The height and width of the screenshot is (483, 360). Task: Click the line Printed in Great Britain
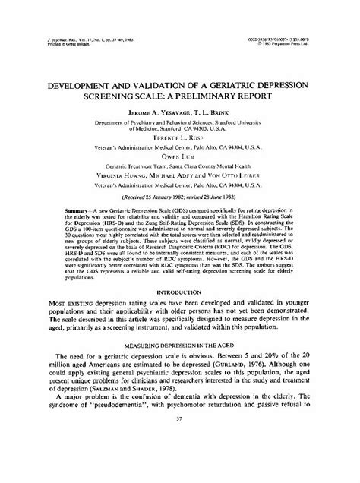click(x=60, y=43)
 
